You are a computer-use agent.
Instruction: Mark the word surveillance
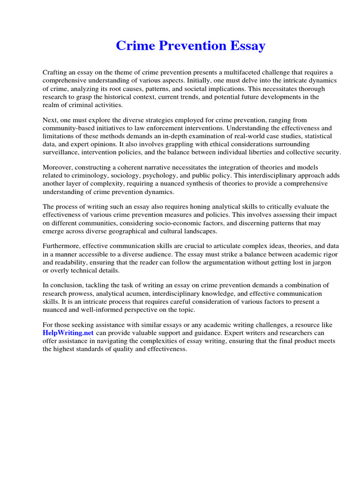coord(61,153)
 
